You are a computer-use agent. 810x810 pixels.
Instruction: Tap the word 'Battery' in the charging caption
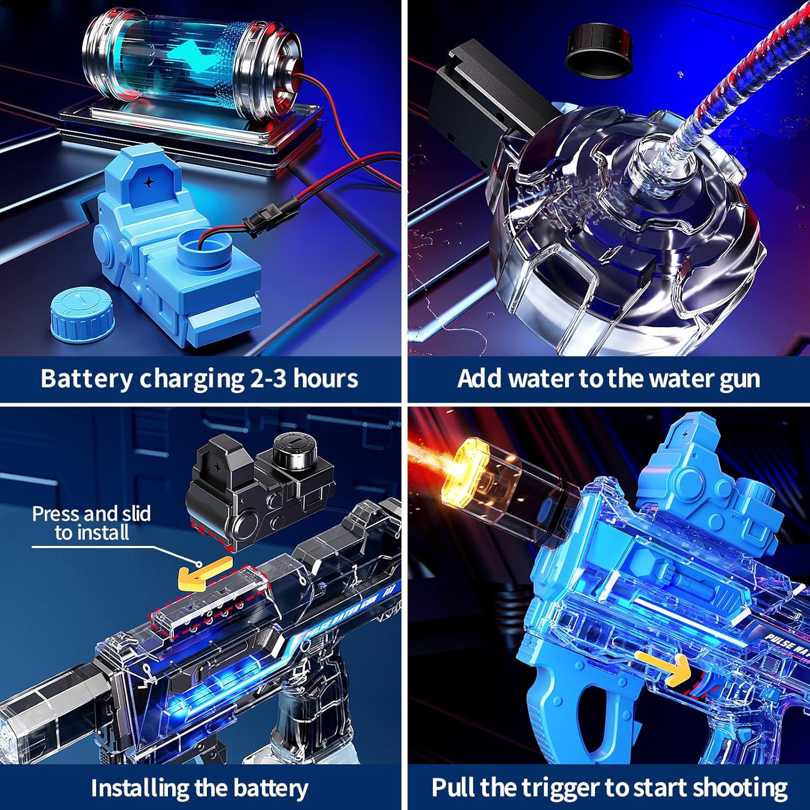point(86,379)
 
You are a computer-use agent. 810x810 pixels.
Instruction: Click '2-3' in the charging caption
point(268,379)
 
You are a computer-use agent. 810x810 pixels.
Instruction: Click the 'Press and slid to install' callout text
point(91,523)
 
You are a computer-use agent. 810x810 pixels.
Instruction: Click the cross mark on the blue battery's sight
point(148,183)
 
